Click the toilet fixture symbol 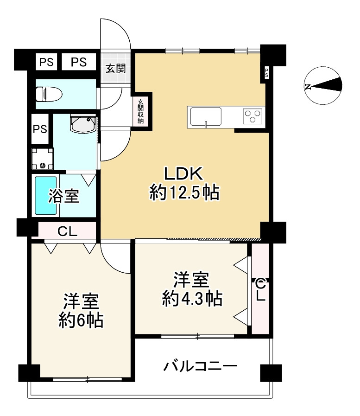click(49, 94)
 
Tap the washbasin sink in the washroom click(83, 124)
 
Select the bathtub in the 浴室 click(45, 196)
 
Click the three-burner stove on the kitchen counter click(253, 116)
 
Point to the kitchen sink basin click(206, 116)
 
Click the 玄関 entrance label click(115, 69)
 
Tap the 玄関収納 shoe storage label click(140, 111)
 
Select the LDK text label click(183, 174)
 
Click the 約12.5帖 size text click(184, 193)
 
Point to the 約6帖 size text click(81, 320)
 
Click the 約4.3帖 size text click(192, 299)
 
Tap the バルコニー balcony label click(200, 367)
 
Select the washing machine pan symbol click(43, 159)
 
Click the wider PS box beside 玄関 click(79, 62)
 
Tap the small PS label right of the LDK click(266, 73)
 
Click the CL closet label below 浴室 click(67, 231)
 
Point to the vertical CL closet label click(260, 289)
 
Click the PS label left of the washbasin click(40, 129)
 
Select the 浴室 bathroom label click(63, 196)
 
